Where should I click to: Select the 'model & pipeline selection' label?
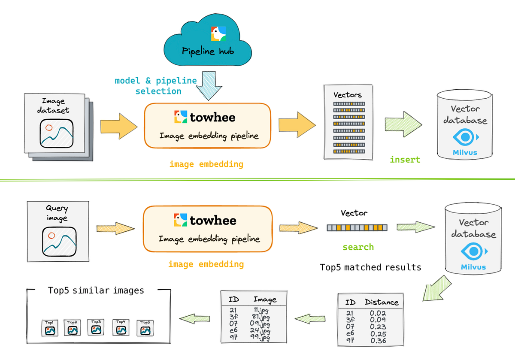(156, 86)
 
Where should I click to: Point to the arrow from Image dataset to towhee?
(119, 127)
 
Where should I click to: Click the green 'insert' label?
(405, 160)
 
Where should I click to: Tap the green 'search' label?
(358, 247)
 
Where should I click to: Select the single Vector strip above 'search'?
(356, 228)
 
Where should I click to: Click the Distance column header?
(381, 302)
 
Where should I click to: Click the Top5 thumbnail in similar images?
(145, 327)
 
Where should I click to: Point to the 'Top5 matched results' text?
(370, 267)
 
